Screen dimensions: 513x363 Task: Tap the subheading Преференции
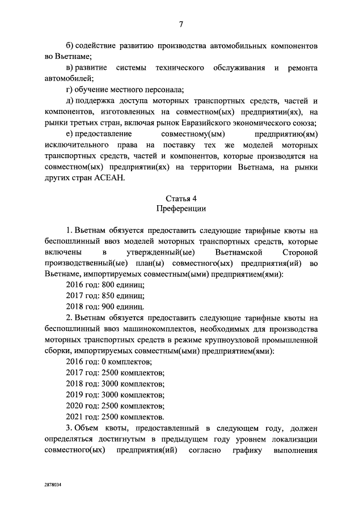pyautogui.click(x=181, y=209)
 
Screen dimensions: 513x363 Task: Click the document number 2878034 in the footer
pyautogui.click(x=54, y=486)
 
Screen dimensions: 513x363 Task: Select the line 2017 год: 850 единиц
pyautogui.click(x=105, y=296)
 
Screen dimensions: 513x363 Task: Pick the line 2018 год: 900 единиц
pyautogui.click(x=105, y=307)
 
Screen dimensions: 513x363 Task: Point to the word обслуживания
pyautogui.click(x=235, y=69)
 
